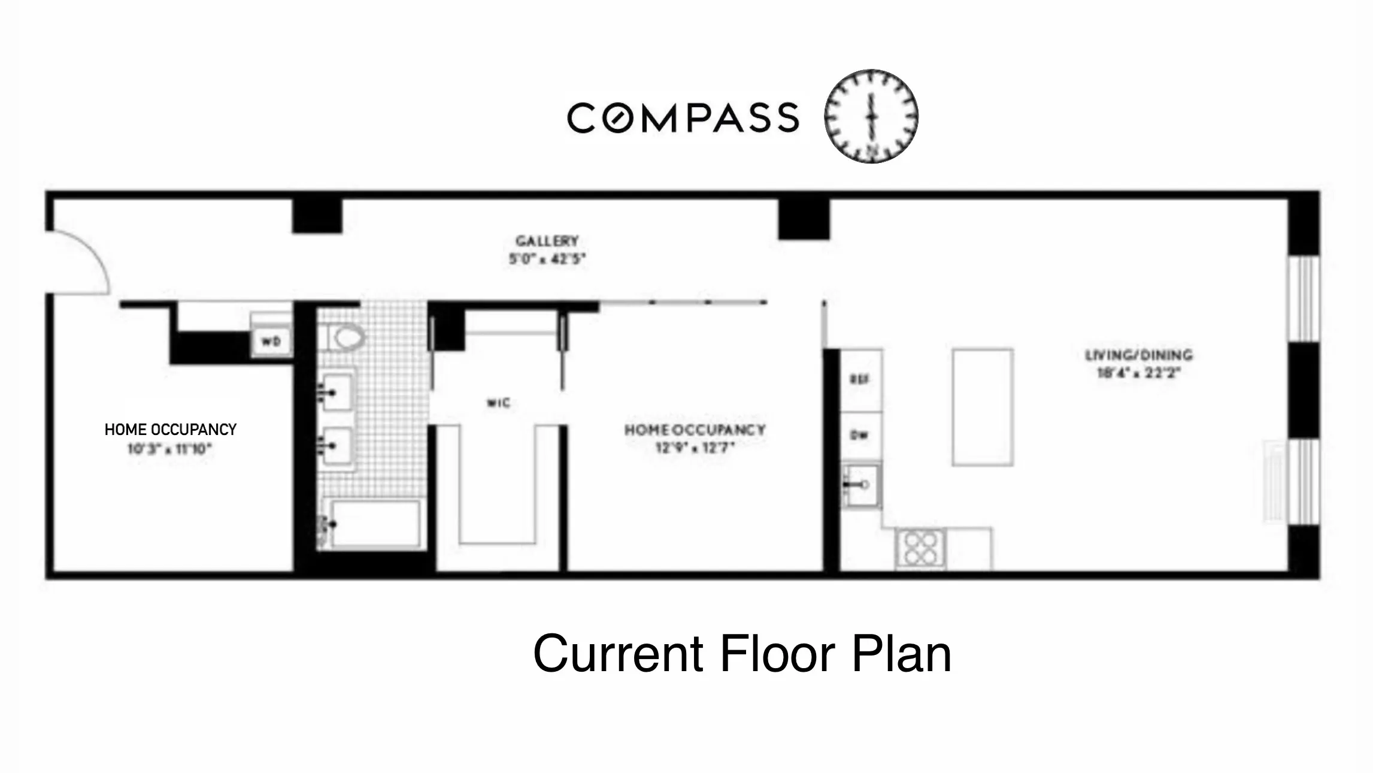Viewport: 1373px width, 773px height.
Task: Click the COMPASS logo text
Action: pyautogui.click(x=683, y=117)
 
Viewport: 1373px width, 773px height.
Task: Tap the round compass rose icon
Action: pyautogui.click(x=871, y=116)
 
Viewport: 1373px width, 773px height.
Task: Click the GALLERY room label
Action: pyautogui.click(x=547, y=241)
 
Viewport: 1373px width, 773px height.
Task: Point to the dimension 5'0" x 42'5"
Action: pyautogui.click(x=547, y=259)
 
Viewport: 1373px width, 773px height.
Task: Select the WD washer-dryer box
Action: pyautogui.click(x=271, y=342)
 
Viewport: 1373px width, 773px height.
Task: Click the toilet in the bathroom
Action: pyautogui.click(x=347, y=338)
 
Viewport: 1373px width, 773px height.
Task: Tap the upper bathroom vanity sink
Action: pyautogui.click(x=337, y=392)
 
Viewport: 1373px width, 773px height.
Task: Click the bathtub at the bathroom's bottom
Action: pyautogui.click(x=374, y=524)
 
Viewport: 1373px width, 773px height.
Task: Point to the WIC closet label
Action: pyautogui.click(x=499, y=403)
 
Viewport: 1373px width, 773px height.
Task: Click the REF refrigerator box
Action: pyautogui.click(x=860, y=379)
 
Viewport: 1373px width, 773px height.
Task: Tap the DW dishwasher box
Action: pyautogui.click(x=860, y=436)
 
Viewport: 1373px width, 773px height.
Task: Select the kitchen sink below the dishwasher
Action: pyautogui.click(x=861, y=485)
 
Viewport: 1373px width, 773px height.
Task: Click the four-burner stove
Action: pyautogui.click(x=921, y=548)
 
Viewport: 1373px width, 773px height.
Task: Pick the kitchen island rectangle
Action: pyautogui.click(x=983, y=407)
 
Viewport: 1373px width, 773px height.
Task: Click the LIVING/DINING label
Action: pyautogui.click(x=1139, y=355)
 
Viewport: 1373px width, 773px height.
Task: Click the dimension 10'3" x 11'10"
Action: pyautogui.click(x=169, y=449)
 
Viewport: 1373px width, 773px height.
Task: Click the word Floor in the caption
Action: pyautogui.click(x=777, y=654)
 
